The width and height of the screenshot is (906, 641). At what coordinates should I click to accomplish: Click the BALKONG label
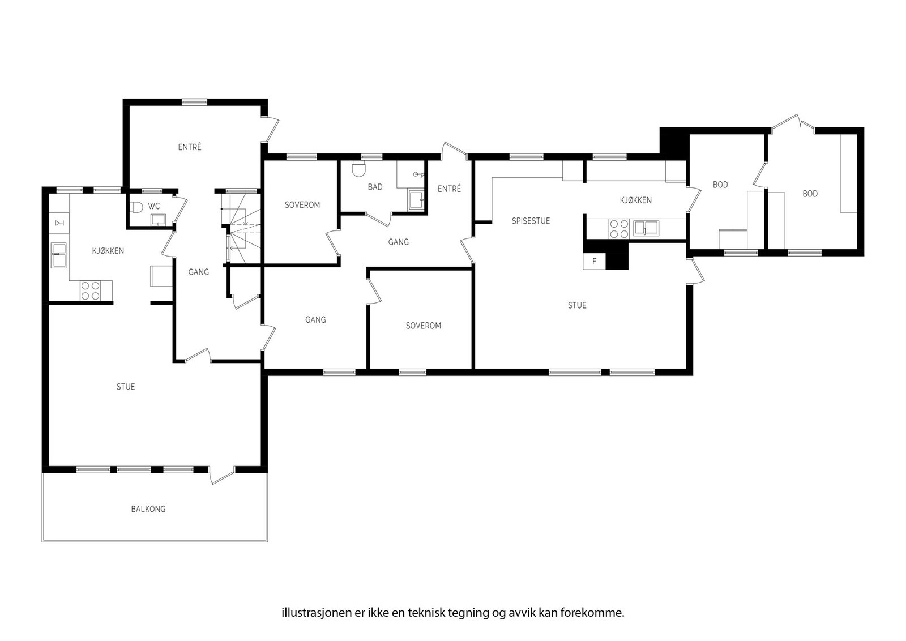(x=148, y=509)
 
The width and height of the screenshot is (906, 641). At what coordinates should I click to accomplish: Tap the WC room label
(x=153, y=207)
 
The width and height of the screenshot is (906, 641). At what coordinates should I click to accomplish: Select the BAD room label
(x=375, y=187)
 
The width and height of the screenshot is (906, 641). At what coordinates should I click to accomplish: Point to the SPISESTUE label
(x=531, y=221)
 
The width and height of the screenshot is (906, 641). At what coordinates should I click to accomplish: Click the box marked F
(x=594, y=261)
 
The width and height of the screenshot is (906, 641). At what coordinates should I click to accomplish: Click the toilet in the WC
(x=136, y=207)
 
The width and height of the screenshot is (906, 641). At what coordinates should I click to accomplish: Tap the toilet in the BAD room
(x=358, y=169)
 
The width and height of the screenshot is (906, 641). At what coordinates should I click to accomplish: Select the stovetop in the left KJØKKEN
(x=90, y=291)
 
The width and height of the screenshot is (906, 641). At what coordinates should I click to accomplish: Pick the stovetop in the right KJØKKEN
(x=619, y=229)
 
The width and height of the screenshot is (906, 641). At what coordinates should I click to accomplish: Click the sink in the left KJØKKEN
(x=58, y=255)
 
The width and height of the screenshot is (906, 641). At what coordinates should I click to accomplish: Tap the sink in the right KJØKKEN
(x=646, y=228)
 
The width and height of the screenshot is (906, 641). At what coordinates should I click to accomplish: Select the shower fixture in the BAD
(x=418, y=174)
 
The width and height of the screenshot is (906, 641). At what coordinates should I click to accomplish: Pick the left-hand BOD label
(x=720, y=185)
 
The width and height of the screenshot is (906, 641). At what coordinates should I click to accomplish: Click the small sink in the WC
(x=157, y=220)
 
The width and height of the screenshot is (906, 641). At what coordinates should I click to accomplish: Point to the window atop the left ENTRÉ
(x=195, y=102)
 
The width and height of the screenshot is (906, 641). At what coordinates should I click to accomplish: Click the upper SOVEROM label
(x=302, y=205)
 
